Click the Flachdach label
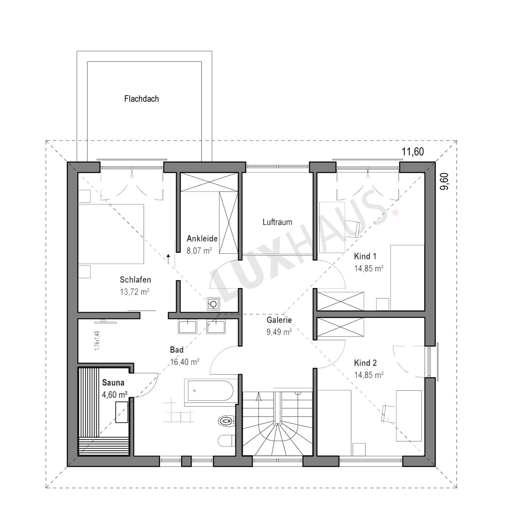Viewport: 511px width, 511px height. [x=142, y=99]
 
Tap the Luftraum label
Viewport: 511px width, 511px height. [x=277, y=222]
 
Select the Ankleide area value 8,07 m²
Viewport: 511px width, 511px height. [x=200, y=251]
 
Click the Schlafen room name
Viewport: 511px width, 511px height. [x=135, y=279]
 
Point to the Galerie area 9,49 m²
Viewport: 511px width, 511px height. [x=279, y=332]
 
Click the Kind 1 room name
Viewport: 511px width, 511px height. [x=365, y=256]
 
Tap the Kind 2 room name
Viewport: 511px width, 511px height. [x=365, y=363]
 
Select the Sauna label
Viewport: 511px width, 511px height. [x=113, y=383]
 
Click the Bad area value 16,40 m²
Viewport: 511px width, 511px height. [x=185, y=362]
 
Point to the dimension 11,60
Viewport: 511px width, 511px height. [x=413, y=152]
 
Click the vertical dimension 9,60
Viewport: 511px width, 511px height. [x=445, y=181]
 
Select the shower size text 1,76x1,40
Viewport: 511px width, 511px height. [x=97, y=341]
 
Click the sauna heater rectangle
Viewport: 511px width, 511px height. [x=122, y=412]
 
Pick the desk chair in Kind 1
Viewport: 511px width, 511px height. [x=353, y=228]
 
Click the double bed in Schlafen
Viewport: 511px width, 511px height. [x=111, y=234]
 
